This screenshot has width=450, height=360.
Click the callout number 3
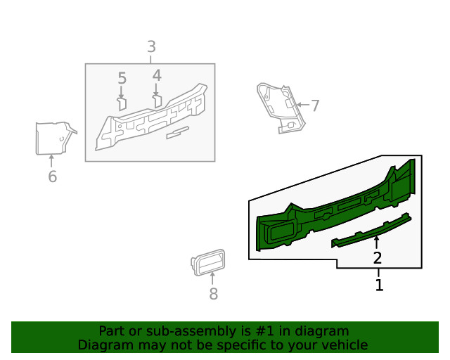152,46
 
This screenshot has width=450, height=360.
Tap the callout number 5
122,78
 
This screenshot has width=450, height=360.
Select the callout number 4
157,75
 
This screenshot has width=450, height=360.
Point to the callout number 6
52,176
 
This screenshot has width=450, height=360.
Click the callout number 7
315,105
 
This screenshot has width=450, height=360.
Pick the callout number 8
213,294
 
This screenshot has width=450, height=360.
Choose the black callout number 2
378,258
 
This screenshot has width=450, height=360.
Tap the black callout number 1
379,285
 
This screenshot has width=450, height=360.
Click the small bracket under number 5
122,104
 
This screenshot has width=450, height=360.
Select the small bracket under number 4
157,101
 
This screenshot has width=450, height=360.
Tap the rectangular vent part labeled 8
208,262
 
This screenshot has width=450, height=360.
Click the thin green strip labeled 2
371,231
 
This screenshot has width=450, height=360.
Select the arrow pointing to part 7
303,105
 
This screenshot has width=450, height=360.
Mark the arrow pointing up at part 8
212,278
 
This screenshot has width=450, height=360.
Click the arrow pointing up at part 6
51,161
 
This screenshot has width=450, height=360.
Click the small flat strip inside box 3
178,133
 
